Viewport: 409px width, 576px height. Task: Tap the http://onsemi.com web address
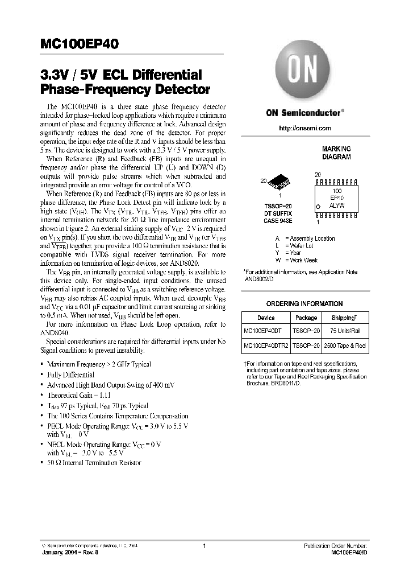pyautogui.click(x=304, y=128)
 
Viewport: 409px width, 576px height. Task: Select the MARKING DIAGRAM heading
pyautogui.click(x=336, y=152)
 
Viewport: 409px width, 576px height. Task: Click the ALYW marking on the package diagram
pyautogui.click(x=337, y=205)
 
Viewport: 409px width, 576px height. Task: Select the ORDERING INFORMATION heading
pyautogui.click(x=304, y=304)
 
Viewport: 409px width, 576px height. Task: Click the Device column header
pyautogui.click(x=266, y=318)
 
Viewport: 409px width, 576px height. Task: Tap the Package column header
pyautogui.click(x=306, y=318)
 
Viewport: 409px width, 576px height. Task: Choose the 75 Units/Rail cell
pyautogui.click(x=345, y=331)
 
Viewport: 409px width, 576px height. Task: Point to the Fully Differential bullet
pyautogui.click(x=71, y=375)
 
